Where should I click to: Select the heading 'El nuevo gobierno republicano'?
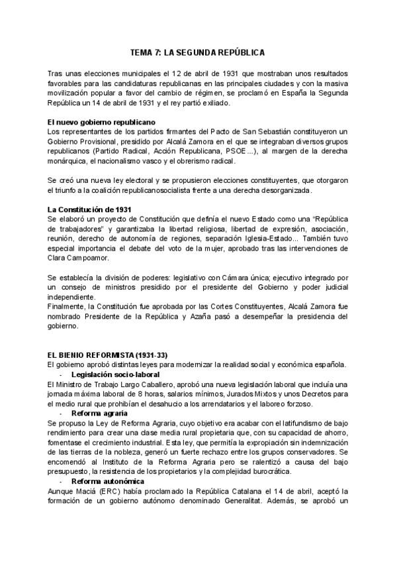(93, 123)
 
